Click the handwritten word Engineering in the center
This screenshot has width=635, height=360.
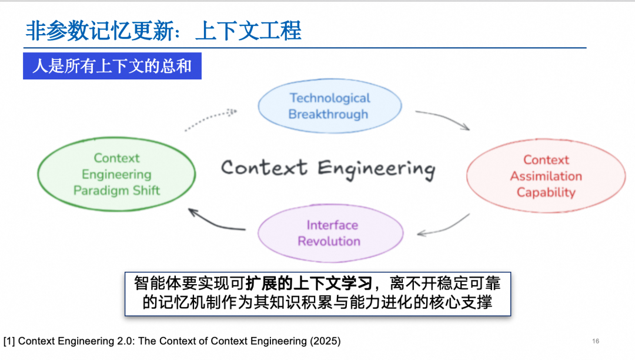tap(376, 169)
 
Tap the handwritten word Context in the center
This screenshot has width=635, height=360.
tap(264, 167)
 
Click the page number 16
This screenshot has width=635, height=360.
tap(595, 341)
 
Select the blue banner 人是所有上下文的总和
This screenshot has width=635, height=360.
tap(112, 66)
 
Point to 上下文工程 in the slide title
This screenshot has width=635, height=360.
tap(248, 31)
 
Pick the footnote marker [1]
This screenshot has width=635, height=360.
tap(9, 341)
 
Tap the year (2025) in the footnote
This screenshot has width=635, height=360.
tap(325, 341)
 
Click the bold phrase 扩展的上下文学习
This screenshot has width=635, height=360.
tap(309, 283)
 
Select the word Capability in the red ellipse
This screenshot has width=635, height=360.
tap(546, 192)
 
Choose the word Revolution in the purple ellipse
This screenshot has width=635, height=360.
tap(329, 241)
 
